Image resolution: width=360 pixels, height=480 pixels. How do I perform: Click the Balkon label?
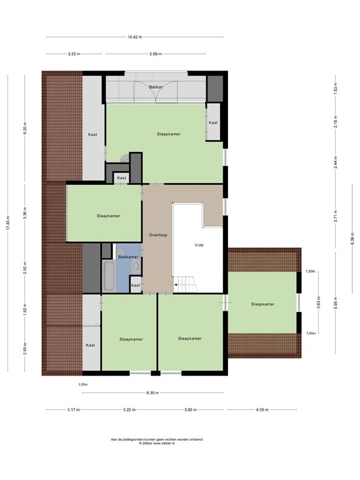click(156, 87)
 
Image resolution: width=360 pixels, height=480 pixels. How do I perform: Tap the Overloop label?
click(157, 235)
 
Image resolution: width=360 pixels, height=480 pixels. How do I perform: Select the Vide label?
click(199, 245)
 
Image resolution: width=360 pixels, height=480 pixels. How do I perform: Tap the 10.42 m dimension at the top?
click(133, 37)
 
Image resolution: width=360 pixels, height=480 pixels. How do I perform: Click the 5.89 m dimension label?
click(155, 54)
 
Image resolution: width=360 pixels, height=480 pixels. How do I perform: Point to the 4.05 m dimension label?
click(262, 410)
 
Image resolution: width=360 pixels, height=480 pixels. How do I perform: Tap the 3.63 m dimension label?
click(318, 306)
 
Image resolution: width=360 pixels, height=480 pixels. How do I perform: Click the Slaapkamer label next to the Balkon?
click(168, 134)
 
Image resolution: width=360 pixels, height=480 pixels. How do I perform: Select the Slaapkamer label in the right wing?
click(262, 304)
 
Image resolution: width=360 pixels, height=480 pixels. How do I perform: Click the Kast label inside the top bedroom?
click(213, 122)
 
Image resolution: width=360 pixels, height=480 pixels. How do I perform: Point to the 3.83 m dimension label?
click(188, 410)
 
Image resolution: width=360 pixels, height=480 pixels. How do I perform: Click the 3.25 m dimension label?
click(74, 54)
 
